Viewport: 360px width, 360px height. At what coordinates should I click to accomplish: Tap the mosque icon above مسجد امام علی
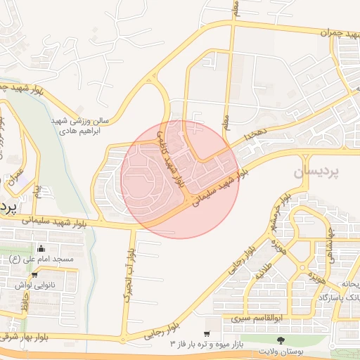click(x=41, y=247)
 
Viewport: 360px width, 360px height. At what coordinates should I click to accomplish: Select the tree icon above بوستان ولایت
click(x=281, y=340)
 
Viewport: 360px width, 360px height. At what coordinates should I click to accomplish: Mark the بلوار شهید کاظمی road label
click(x=171, y=159)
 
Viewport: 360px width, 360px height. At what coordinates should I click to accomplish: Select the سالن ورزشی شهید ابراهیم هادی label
click(x=79, y=126)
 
